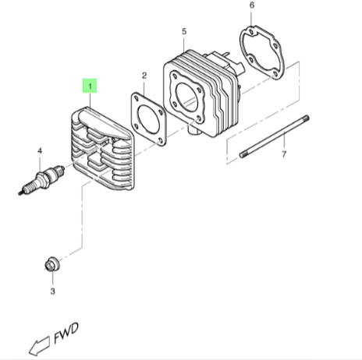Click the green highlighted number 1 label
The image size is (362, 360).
pos(90,86)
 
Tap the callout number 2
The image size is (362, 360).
pos(144,76)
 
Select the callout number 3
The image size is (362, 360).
pos(52,291)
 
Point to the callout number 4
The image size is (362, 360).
pos(40,151)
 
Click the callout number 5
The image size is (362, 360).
pos(184,31)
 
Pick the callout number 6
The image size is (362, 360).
pos(252,5)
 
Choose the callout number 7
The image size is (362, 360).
pos(284,154)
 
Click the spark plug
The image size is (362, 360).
pos(41,180)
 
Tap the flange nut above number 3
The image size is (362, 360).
pos(52,264)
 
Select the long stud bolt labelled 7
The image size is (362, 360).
pos(274,136)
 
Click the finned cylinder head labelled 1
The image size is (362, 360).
pos(103,149)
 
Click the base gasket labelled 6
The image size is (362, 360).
pos(261,51)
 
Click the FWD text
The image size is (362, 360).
pos(66,334)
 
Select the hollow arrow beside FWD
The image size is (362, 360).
pos(39,346)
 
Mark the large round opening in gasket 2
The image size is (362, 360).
pos(148,119)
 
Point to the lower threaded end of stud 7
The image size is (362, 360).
pos(243,155)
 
